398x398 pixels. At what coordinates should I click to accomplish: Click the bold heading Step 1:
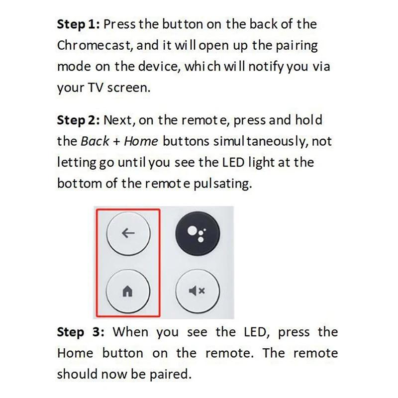click(x=78, y=24)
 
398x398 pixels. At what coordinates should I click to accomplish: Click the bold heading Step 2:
click(x=78, y=120)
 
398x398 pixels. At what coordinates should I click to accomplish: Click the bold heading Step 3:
click(x=81, y=332)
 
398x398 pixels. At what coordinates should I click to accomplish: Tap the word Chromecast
click(x=94, y=45)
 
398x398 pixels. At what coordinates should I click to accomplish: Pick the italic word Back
click(x=95, y=141)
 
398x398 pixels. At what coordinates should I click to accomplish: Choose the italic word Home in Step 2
click(x=140, y=141)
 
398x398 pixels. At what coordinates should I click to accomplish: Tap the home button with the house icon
click(x=128, y=291)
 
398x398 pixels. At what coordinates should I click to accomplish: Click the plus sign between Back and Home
click(x=116, y=141)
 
